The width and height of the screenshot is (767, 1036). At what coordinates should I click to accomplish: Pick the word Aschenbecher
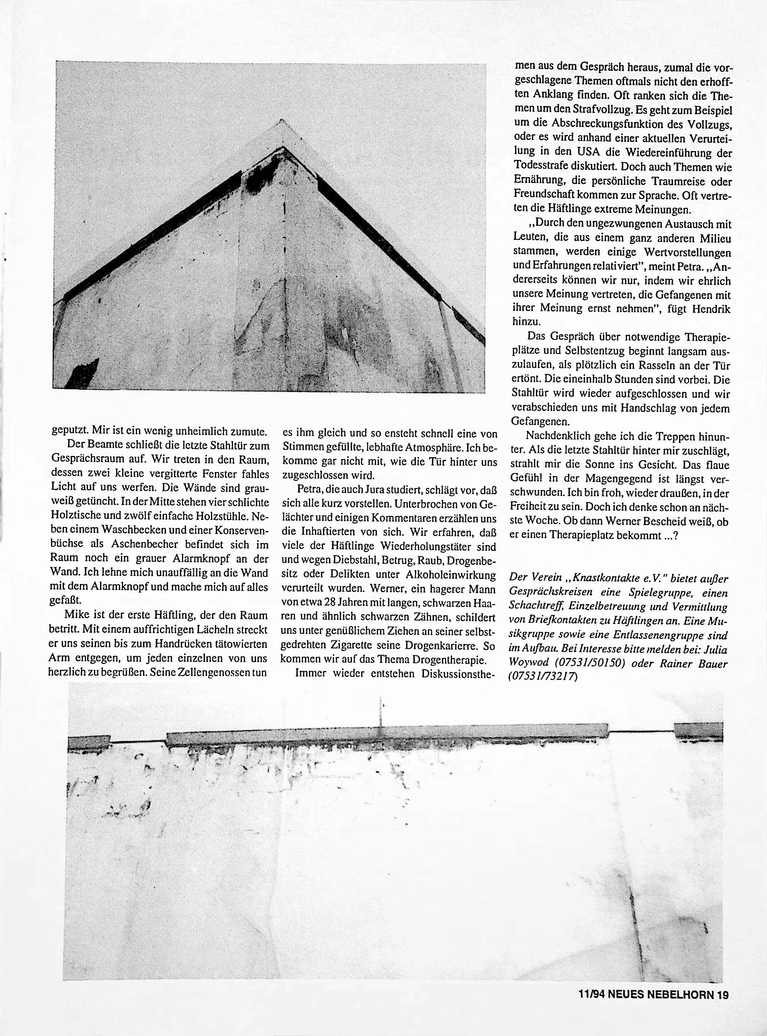(x=131, y=544)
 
